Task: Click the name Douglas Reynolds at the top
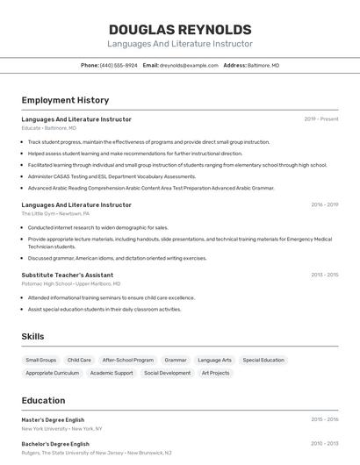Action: pos(180,29)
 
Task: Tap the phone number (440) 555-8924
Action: pos(119,65)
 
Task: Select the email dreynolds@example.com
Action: pos(189,65)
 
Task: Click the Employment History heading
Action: pos(65,100)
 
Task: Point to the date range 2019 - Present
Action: pos(321,119)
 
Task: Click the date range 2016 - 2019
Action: pos(324,204)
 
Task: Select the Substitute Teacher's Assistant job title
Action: pos(68,275)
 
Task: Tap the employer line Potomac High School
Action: pos(70,284)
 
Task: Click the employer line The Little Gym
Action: pos(55,213)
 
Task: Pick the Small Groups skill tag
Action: pos(41,360)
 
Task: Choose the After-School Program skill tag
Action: pos(127,360)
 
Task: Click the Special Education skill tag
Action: pos(263,360)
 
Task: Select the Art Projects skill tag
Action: pos(215,373)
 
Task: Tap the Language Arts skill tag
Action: pos(215,360)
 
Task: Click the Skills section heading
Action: pos(32,336)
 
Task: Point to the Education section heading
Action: pos(43,400)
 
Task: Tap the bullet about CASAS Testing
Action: pos(112,176)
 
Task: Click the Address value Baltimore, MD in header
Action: pos(263,65)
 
